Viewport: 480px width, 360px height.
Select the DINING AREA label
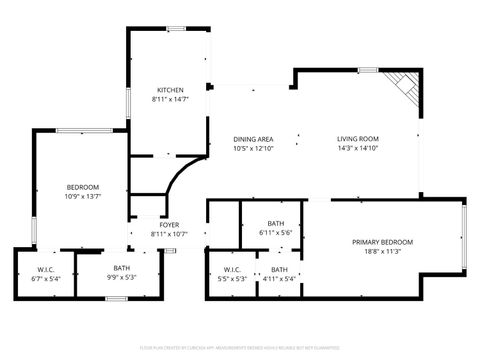click(x=253, y=139)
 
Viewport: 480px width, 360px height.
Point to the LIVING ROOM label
click(x=357, y=139)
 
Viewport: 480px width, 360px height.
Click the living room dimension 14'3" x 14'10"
click(x=357, y=148)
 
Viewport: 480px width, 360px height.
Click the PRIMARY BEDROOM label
click(x=383, y=242)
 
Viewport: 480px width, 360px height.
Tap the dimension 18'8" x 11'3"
click(x=383, y=252)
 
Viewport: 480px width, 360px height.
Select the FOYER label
click(x=169, y=225)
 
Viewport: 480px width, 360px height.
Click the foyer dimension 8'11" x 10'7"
click(x=169, y=234)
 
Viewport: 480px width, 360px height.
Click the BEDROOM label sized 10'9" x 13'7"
click(x=83, y=187)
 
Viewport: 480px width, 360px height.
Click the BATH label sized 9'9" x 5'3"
click(x=121, y=268)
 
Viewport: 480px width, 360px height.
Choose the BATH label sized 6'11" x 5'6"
click(x=276, y=223)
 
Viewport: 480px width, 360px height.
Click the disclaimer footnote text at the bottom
click(x=240, y=347)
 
